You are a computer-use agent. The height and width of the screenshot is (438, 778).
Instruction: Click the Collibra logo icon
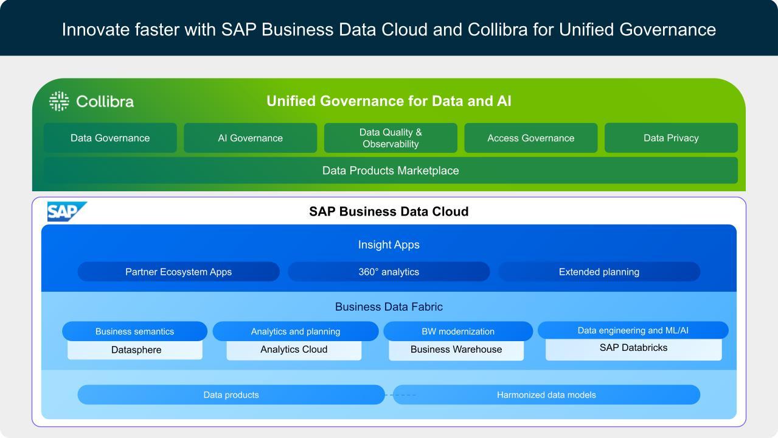pos(59,101)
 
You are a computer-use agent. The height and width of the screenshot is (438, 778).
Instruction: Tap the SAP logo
pos(66,211)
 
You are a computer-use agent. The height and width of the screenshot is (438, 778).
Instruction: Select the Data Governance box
pos(110,138)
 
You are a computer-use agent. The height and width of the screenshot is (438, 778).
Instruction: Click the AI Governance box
pos(250,138)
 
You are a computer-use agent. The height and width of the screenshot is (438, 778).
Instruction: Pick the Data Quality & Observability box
pos(391,138)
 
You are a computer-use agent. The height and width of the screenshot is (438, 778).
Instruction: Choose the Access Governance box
pos(530,138)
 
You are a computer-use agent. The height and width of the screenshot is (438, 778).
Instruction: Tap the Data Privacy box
pos(671,138)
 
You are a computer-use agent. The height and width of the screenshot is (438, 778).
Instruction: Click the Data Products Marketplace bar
pos(391,171)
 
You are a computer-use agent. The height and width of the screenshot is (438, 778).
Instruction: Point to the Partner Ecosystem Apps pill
pos(178,272)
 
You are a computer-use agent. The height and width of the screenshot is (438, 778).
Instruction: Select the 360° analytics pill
pos(389,272)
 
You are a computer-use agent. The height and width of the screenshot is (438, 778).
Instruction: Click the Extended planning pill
pos(599,272)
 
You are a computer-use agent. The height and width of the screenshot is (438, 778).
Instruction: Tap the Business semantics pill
pos(134,331)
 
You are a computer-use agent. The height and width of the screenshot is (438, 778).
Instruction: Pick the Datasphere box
pos(136,350)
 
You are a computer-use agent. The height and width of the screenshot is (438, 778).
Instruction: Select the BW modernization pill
pos(458,331)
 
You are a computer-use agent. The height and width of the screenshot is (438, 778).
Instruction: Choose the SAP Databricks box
pos(633,348)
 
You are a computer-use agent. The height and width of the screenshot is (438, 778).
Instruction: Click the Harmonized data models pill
pos(546,395)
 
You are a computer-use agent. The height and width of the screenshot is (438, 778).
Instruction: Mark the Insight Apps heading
pos(389,245)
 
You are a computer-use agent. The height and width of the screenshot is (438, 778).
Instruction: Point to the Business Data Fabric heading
pos(389,306)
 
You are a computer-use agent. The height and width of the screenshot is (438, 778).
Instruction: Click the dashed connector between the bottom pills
pos(401,395)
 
